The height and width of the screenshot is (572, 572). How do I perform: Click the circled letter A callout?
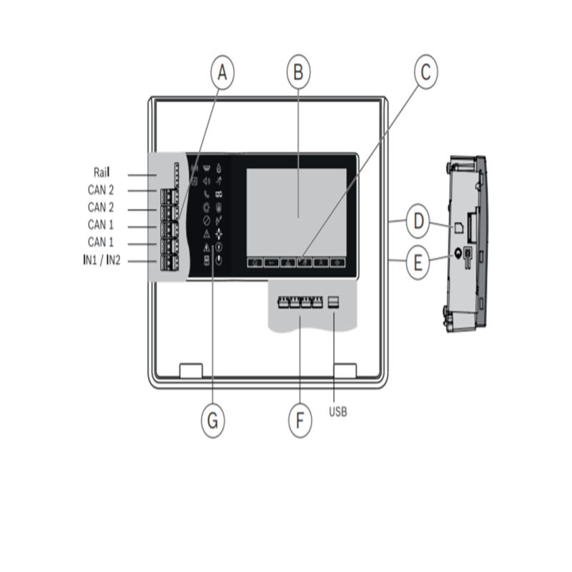pos(224,72)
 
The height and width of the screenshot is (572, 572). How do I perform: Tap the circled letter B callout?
pos(299,72)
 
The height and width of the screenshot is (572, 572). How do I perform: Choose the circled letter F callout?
pos(299,420)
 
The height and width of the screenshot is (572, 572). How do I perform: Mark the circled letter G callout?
pos(212,420)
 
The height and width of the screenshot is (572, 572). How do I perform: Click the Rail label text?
pos(101,173)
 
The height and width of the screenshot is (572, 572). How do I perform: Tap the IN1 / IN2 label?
pos(101,262)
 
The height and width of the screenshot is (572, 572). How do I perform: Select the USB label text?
pos(337,412)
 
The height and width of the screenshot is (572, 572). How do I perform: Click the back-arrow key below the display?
pos(272,262)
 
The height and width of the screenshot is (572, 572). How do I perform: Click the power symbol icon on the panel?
pos(218,262)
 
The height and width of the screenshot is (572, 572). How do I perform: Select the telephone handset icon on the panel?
pos(206,195)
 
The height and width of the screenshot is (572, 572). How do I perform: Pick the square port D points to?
pos(458,227)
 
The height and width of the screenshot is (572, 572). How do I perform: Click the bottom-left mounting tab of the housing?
pos(191,370)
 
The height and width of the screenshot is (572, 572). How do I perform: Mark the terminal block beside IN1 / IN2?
pos(170,262)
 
